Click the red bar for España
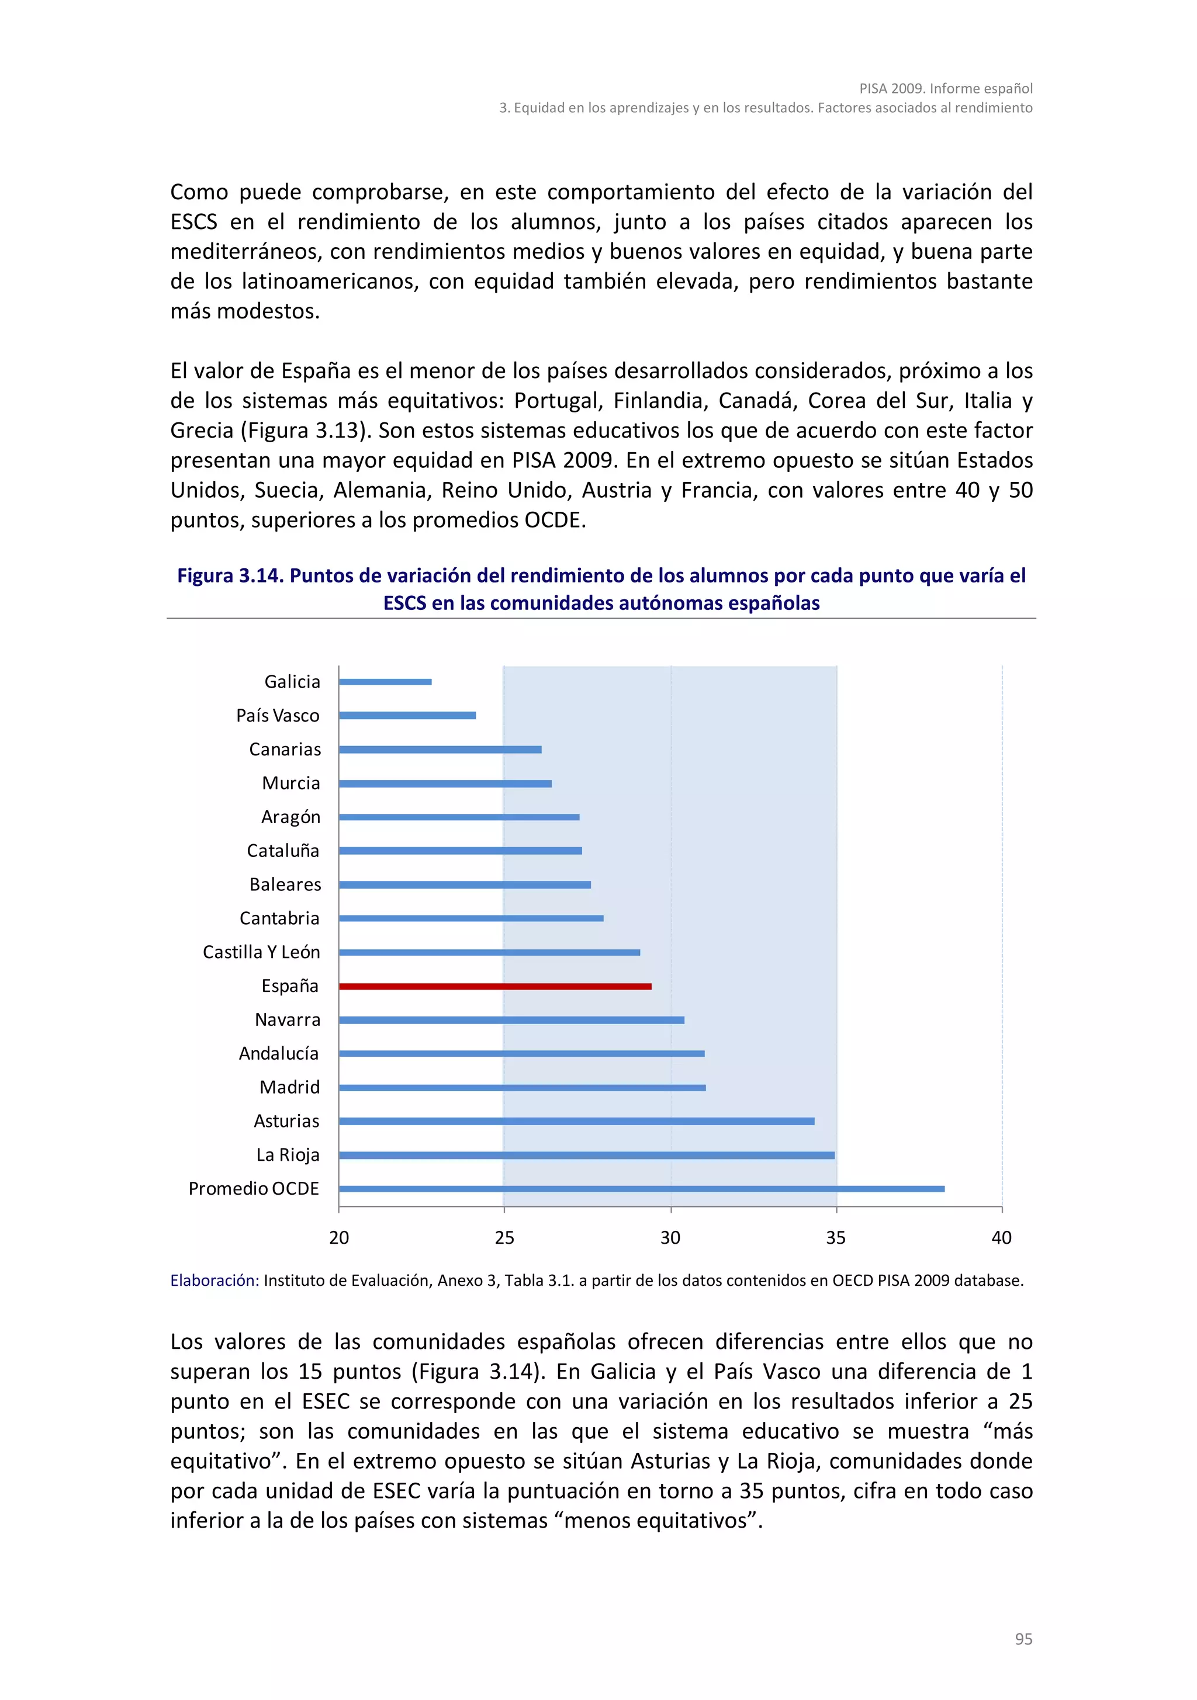495,986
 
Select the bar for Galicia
385,682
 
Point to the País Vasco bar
407,715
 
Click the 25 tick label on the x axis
504,1238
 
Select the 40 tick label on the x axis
1001,1238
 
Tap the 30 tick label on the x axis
670,1238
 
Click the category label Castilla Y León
261,952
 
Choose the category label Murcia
291,783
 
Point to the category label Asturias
286,1121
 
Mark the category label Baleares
285,885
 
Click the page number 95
1023,1639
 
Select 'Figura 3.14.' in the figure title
230,575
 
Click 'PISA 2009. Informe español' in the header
945,89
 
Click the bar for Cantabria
471,919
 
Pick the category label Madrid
290,1088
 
